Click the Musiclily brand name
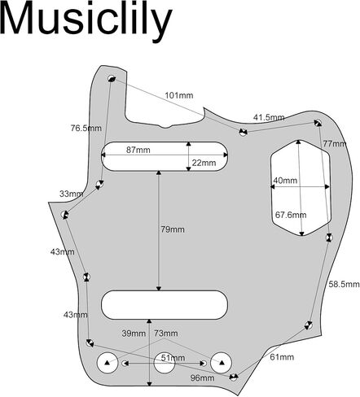point(86,21)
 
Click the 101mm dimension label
point(179,95)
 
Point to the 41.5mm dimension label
point(269,117)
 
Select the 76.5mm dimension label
point(86,128)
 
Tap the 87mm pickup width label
point(138,150)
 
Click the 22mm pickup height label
point(204,163)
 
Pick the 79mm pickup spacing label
point(173,229)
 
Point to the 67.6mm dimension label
point(291,215)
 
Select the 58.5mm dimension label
point(344,284)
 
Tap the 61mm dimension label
point(282,357)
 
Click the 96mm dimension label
point(202,377)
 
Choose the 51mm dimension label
point(173,358)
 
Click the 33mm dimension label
point(72,194)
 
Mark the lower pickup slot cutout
point(165,305)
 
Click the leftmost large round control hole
point(108,363)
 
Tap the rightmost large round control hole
point(221,363)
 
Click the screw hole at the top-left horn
point(112,79)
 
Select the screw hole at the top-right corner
point(318,123)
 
